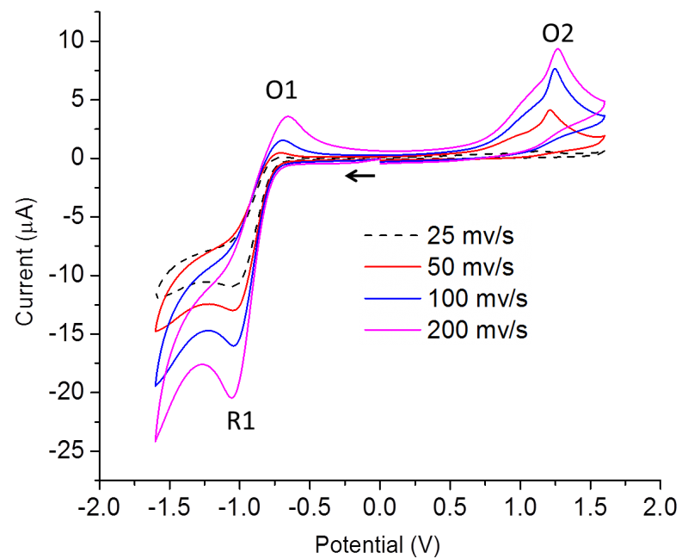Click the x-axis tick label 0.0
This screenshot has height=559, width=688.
379,508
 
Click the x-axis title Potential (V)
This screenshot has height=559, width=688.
379,544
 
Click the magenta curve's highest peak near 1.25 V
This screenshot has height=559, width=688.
558,48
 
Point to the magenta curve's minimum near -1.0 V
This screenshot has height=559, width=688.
232,398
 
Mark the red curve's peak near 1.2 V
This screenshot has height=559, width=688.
550,109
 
